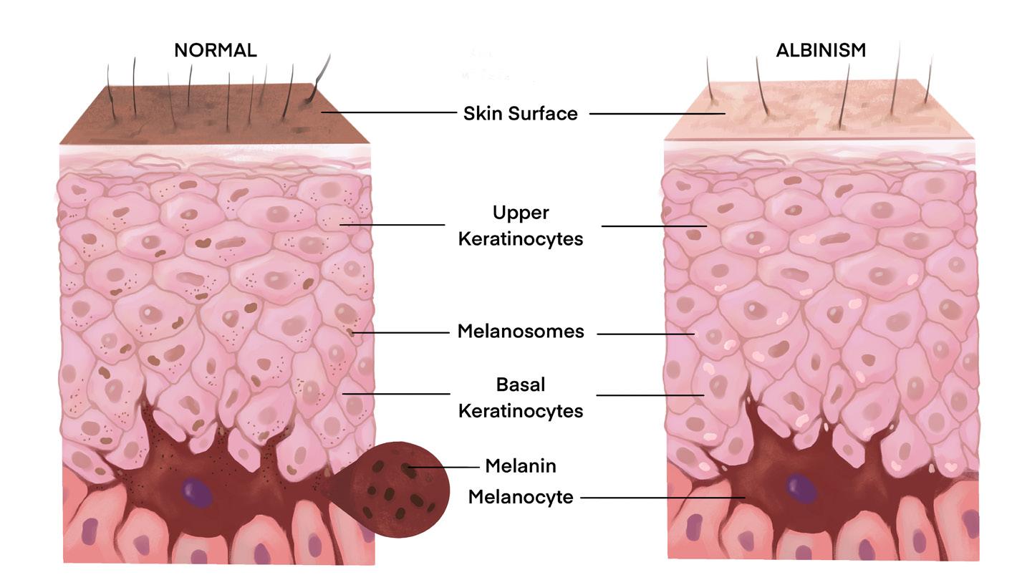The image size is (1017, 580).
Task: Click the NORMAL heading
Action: pyautogui.click(x=215, y=50)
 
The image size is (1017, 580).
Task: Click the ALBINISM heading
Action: pyautogui.click(x=821, y=50)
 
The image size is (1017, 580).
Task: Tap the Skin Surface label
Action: pyautogui.click(x=520, y=113)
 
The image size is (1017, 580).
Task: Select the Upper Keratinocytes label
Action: pyautogui.click(x=520, y=226)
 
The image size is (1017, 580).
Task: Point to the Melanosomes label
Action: pyautogui.click(x=521, y=332)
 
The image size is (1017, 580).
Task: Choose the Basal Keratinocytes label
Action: pyautogui.click(x=520, y=397)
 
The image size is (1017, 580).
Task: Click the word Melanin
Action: pyautogui.click(x=521, y=466)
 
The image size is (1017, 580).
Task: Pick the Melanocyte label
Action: pyautogui.click(x=521, y=497)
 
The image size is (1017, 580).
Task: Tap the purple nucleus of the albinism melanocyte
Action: pyautogui.click(x=801, y=488)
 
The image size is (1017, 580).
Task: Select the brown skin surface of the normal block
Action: pyautogui.click(x=215, y=115)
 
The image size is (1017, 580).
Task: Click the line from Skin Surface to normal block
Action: pyautogui.click(x=387, y=112)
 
